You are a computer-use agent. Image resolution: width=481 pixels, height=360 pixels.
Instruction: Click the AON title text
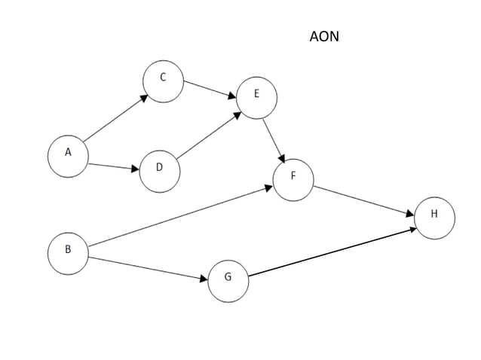[x=324, y=36]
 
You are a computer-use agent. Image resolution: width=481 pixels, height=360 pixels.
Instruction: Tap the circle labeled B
[x=68, y=253]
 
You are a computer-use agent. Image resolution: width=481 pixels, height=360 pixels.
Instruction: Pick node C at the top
[x=163, y=82]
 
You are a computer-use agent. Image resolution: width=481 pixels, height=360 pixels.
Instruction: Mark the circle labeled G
[x=228, y=281]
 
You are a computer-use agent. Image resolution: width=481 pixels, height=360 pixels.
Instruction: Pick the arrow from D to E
[x=208, y=136]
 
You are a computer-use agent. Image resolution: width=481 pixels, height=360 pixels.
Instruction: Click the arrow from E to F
[x=274, y=140]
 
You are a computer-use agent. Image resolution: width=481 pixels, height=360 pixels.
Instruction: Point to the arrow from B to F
[x=181, y=217]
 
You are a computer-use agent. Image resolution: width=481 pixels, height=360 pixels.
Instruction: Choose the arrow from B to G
[x=147, y=268]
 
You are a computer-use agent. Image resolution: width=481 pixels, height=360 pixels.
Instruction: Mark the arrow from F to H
[x=365, y=200]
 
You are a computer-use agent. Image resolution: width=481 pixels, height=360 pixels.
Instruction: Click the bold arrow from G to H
[x=332, y=252]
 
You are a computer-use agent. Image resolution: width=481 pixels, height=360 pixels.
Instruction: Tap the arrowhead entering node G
[x=203, y=279]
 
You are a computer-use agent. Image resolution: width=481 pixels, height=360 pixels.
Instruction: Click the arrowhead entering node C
[x=145, y=96]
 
